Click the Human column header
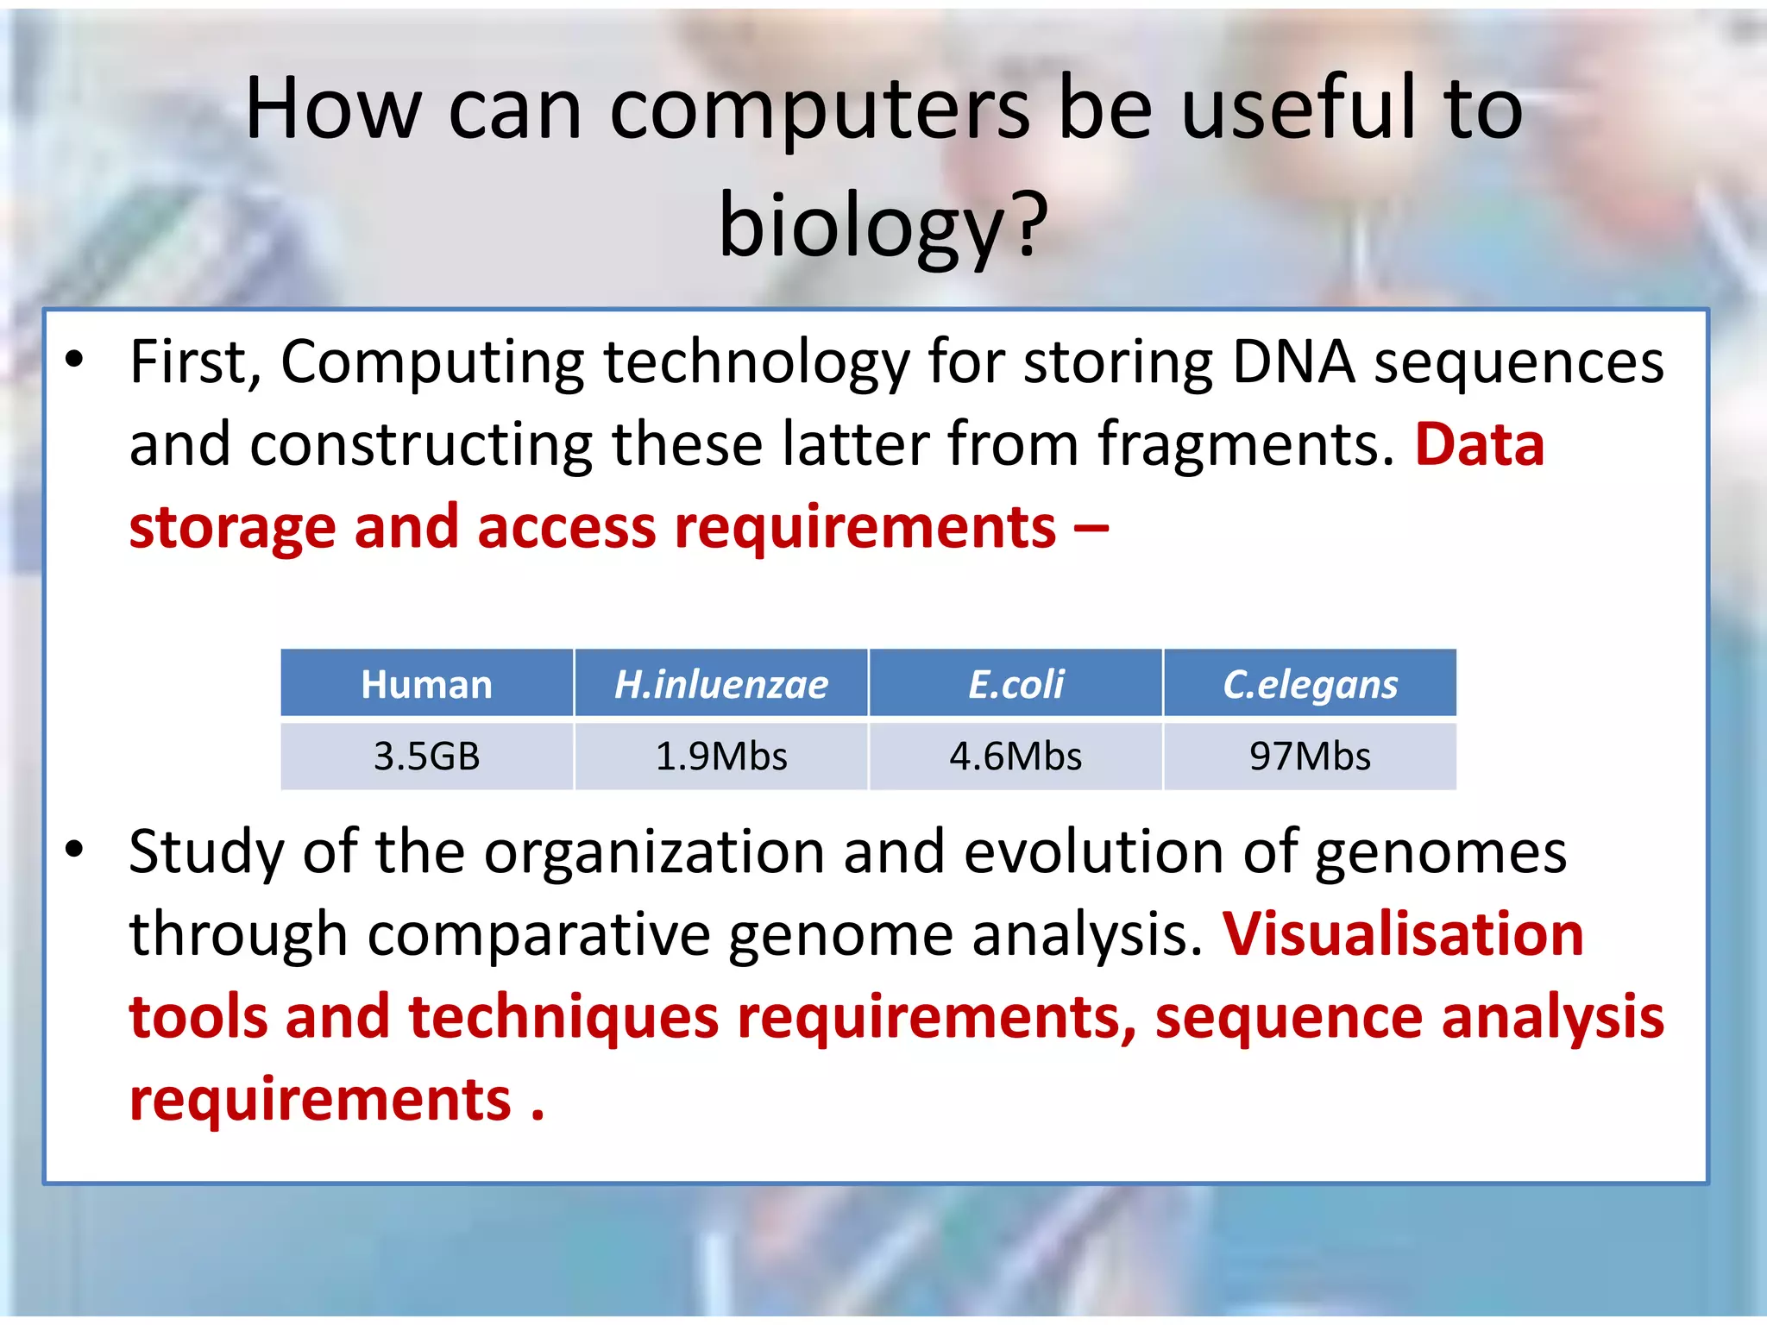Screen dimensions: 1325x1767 426,684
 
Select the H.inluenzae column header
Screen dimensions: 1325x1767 720,684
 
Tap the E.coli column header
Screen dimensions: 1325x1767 1016,684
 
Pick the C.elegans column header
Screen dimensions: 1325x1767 1310,684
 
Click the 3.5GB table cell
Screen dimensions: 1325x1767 426,757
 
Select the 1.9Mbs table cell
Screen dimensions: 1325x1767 720,757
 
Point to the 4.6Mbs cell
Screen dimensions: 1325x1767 1016,757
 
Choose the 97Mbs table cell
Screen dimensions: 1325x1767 1310,757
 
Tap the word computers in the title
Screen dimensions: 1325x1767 820,110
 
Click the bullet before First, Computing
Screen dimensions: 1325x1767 75,360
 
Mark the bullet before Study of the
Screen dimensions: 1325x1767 75,850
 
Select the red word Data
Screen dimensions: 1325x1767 1479,445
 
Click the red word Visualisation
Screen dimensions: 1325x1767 1403,934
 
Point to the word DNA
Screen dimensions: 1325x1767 1292,361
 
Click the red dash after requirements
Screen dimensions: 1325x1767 1091,526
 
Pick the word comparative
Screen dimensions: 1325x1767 538,935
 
